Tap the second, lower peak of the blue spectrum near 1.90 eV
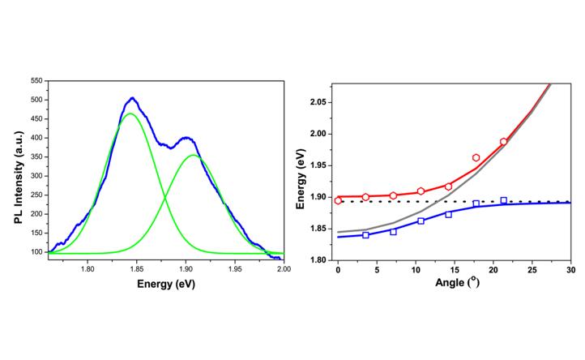[186, 138]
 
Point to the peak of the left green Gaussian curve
[130, 114]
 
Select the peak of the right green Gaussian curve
[193, 155]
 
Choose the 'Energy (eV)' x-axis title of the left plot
[165, 285]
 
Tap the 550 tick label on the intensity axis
[35, 81]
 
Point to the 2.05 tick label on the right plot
[318, 102]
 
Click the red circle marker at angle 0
[338, 200]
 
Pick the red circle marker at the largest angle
[503, 142]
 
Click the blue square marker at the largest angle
[503, 200]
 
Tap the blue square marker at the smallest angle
[365, 235]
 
